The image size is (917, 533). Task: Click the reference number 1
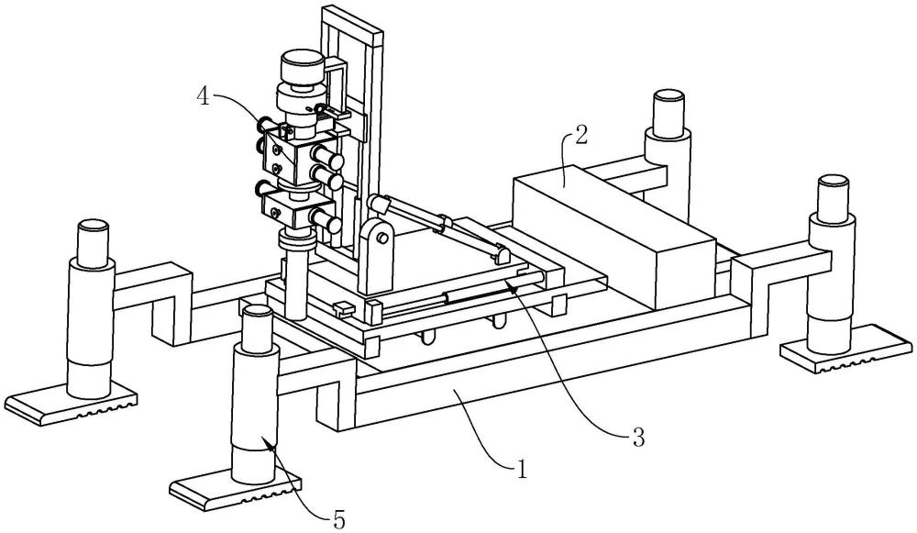point(521,469)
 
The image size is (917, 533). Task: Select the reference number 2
point(580,136)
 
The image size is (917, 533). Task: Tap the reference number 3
point(637,436)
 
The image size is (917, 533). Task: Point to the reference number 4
point(203,96)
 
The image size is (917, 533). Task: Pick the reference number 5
point(338,517)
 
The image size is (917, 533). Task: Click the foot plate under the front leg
point(235,493)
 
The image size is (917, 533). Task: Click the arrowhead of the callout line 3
point(511,285)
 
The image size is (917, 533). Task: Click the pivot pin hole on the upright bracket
point(382,239)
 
